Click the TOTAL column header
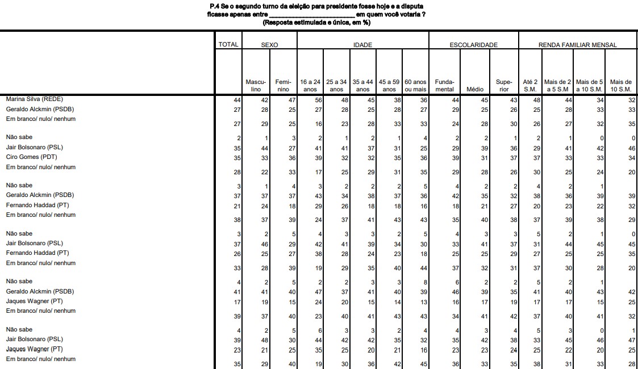[228, 45]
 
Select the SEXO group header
[269, 45]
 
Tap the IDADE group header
[362, 45]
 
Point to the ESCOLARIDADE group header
[473, 45]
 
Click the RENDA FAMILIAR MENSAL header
[577, 45]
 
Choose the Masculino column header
[256, 86]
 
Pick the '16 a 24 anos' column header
[310, 86]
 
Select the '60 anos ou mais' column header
[415, 86]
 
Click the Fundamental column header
[444, 86]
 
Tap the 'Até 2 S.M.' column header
[530, 86]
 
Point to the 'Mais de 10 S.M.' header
[620, 86]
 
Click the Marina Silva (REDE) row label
[36, 99]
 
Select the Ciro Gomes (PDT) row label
[32, 157]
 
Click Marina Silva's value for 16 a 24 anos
[318, 100]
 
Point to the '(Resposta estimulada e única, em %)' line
[316, 22]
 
